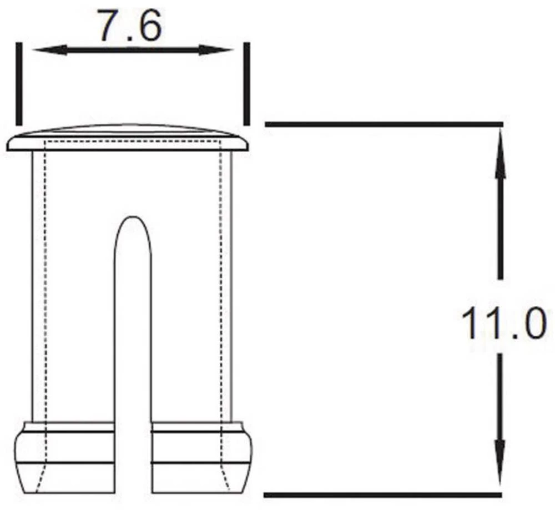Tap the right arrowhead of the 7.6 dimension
point(216,50)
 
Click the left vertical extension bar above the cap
point(19,84)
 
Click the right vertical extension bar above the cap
point(246,84)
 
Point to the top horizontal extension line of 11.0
point(383,124)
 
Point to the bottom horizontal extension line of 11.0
point(383,494)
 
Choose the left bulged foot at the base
point(64,458)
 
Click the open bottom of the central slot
point(133,488)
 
